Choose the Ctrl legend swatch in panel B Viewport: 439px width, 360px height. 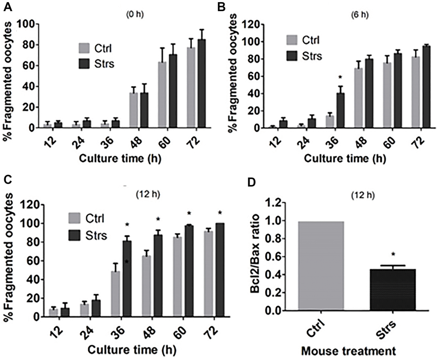[293, 41]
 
